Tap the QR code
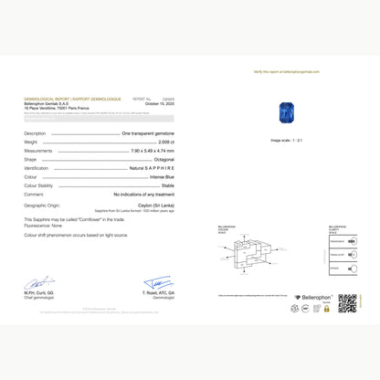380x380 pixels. (347, 303)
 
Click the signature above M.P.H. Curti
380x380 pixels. (39, 282)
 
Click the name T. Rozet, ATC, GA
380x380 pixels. (157, 292)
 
